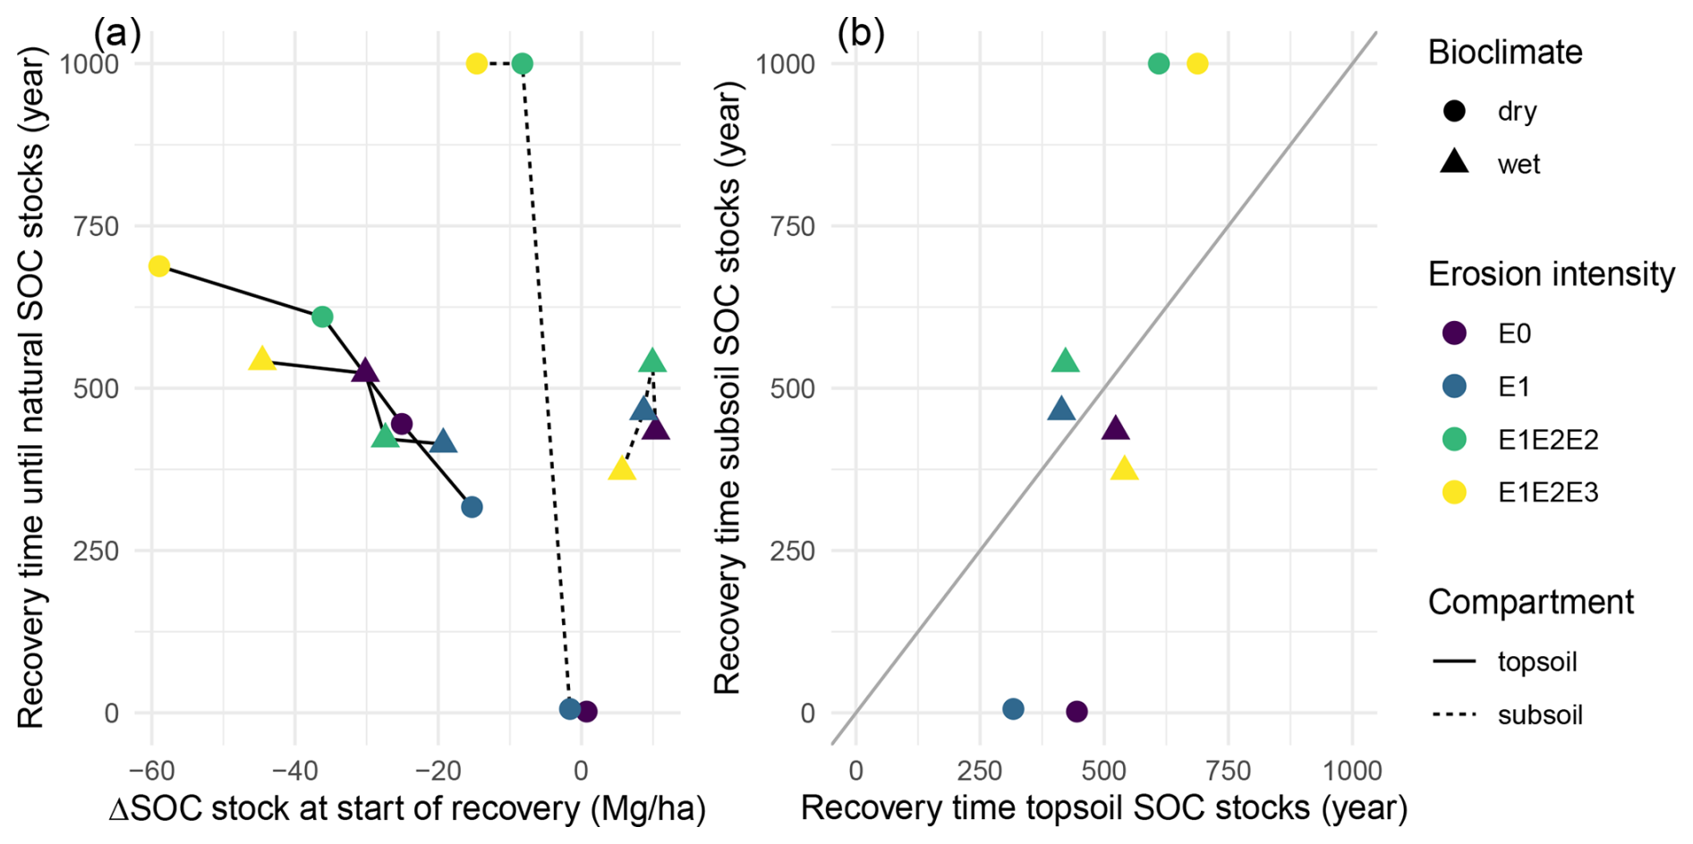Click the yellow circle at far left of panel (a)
(159, 266)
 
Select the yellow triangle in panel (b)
(1124, 468)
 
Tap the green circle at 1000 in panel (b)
(1158, 63)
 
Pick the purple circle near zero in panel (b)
(1076, 712)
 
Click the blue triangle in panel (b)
(1061, 410)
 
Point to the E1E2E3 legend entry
(1548, 493)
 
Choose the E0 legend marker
(1455, 333)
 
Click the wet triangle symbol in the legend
(1455, 163)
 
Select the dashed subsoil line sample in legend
(1455, 714)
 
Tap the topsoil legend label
(1536, 662)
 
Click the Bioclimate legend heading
(1505, 53)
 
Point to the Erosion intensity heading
(1551, 274)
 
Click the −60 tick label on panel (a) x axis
(151, 770)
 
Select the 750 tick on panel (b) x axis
(1228, 770)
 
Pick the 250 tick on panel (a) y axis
(96, 551)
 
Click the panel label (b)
(861, 34)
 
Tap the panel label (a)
(117, 34)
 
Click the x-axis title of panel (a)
(407, 808)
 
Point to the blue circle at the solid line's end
(472, 507)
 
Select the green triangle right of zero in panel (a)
(652, 361)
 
